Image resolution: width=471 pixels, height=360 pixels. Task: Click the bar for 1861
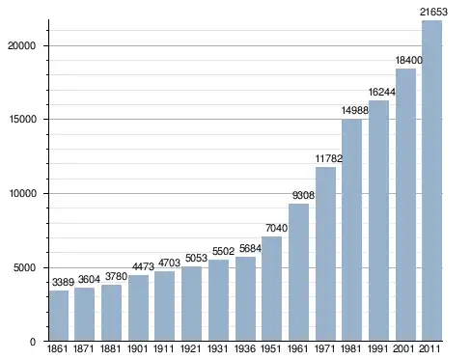point(59,316)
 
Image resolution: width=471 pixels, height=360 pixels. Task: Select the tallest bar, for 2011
point(431,180)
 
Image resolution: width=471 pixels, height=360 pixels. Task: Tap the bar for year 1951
point(271,289)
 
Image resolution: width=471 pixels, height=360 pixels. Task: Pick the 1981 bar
point(351,230)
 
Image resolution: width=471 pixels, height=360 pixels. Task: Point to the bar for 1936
point(245,298)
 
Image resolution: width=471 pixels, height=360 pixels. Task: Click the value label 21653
point(433,12)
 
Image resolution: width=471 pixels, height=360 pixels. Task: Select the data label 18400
point(409,60)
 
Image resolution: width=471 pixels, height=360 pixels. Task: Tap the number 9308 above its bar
point(303,195)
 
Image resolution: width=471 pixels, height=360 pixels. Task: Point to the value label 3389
point(63,282)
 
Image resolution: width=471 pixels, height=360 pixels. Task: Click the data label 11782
point(329,158)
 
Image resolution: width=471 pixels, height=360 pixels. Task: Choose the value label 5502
point(223,251)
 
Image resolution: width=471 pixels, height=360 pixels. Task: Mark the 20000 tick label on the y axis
point(21,45)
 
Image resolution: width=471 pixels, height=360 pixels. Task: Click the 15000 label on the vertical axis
point(21,120)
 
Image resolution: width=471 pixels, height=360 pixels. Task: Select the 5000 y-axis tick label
point(24,267)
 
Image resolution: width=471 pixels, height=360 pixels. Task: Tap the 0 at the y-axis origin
point(33,342)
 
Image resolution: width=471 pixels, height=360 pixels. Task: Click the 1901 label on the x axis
point(137,348)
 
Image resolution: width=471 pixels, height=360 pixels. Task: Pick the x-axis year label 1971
point(324,348)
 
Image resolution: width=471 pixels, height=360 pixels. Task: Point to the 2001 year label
point(404,348)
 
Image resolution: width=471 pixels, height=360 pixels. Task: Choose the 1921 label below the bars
point(190,348)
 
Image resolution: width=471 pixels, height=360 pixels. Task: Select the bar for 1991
point(378,221)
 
